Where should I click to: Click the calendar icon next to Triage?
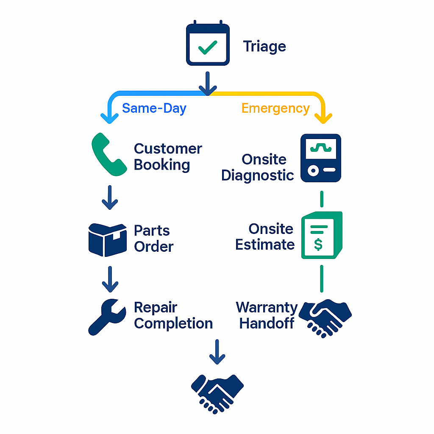pyautogui.click(x=208, y=44)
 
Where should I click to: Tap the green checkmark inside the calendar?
pyautogui.click(x=208, y=47)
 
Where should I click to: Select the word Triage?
pyautogui.click(x=264, y=46)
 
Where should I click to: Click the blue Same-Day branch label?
pyautogui.click(x=154, y=108)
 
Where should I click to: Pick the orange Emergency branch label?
pyautogui.click(x=275, y=108)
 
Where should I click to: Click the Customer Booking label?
pyautogui.click(x=168, y=156)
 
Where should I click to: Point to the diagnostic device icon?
pyautogui.click(x=321, y=158)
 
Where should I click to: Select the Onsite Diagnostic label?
pyautogui.click(x=258, y=167)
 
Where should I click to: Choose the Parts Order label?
pyautogui.click(x=153, y=238)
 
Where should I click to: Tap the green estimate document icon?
pyautogui.click(x=321, y=235)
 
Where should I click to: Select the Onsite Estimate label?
pyautogui.click(x=265, y=236)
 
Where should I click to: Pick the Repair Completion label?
pyautogui.click(x=173, y=315)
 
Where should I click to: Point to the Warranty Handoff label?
pyautogui.click(x=267, y=315)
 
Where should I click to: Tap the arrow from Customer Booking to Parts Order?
pyautogui.click(x=110, y=198)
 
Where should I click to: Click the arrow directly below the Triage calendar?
pyautogui.click(x=208, y=83)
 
